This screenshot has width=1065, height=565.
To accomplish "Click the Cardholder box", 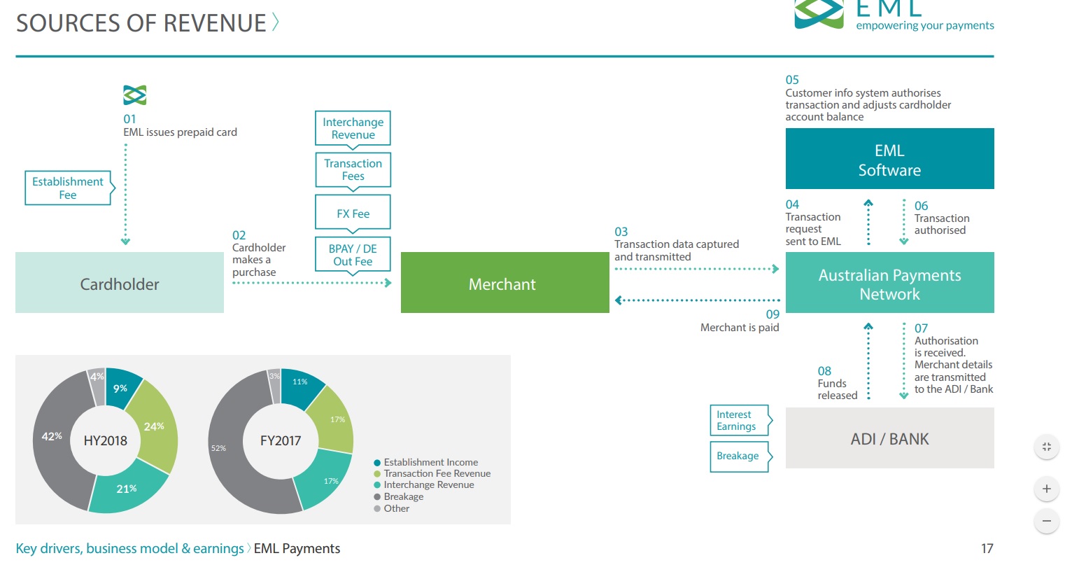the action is pyautogui.click(x=120, y=283).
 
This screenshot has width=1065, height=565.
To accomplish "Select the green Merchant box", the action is pyautogui.click(x=505, y=283).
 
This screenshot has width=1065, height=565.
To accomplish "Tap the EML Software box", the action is pyautogui.click(x=889, y=158).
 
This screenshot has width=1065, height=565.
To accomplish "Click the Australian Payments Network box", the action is pyautogui.click(x=889, y=283).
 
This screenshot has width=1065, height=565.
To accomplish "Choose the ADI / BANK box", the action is pyautogui.click(x=889, y=438).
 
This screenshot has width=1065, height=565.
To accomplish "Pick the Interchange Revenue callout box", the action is pyautogui.click(x=353, y=128).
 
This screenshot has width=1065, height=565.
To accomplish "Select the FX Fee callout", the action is pyautogui.click(x=353, y=213).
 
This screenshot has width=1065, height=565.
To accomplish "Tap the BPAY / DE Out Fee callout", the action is pyautogui.click(x=353, y=256).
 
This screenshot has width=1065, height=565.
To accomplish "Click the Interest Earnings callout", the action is pyautogui.click(x=740, y=420).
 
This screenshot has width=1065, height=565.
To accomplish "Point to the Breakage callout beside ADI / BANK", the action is pyautogui.click(x=740, y=456).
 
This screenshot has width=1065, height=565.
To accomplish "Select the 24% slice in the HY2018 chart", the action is pyautogui.click(x=155, y=426).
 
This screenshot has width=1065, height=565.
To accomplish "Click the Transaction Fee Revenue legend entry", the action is pyautogui.click(x=432, y=474).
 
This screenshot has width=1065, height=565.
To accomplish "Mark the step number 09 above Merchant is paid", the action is pyautogui.click(x=773, y=314).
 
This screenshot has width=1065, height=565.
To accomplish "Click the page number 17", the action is pyautogui.click(x=987, y=548).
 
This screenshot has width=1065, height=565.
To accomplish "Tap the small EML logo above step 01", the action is pyautogui.click(x=134, y=95).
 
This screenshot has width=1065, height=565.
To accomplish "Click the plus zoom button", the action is pyautogui.click(x=1047, y=489).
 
